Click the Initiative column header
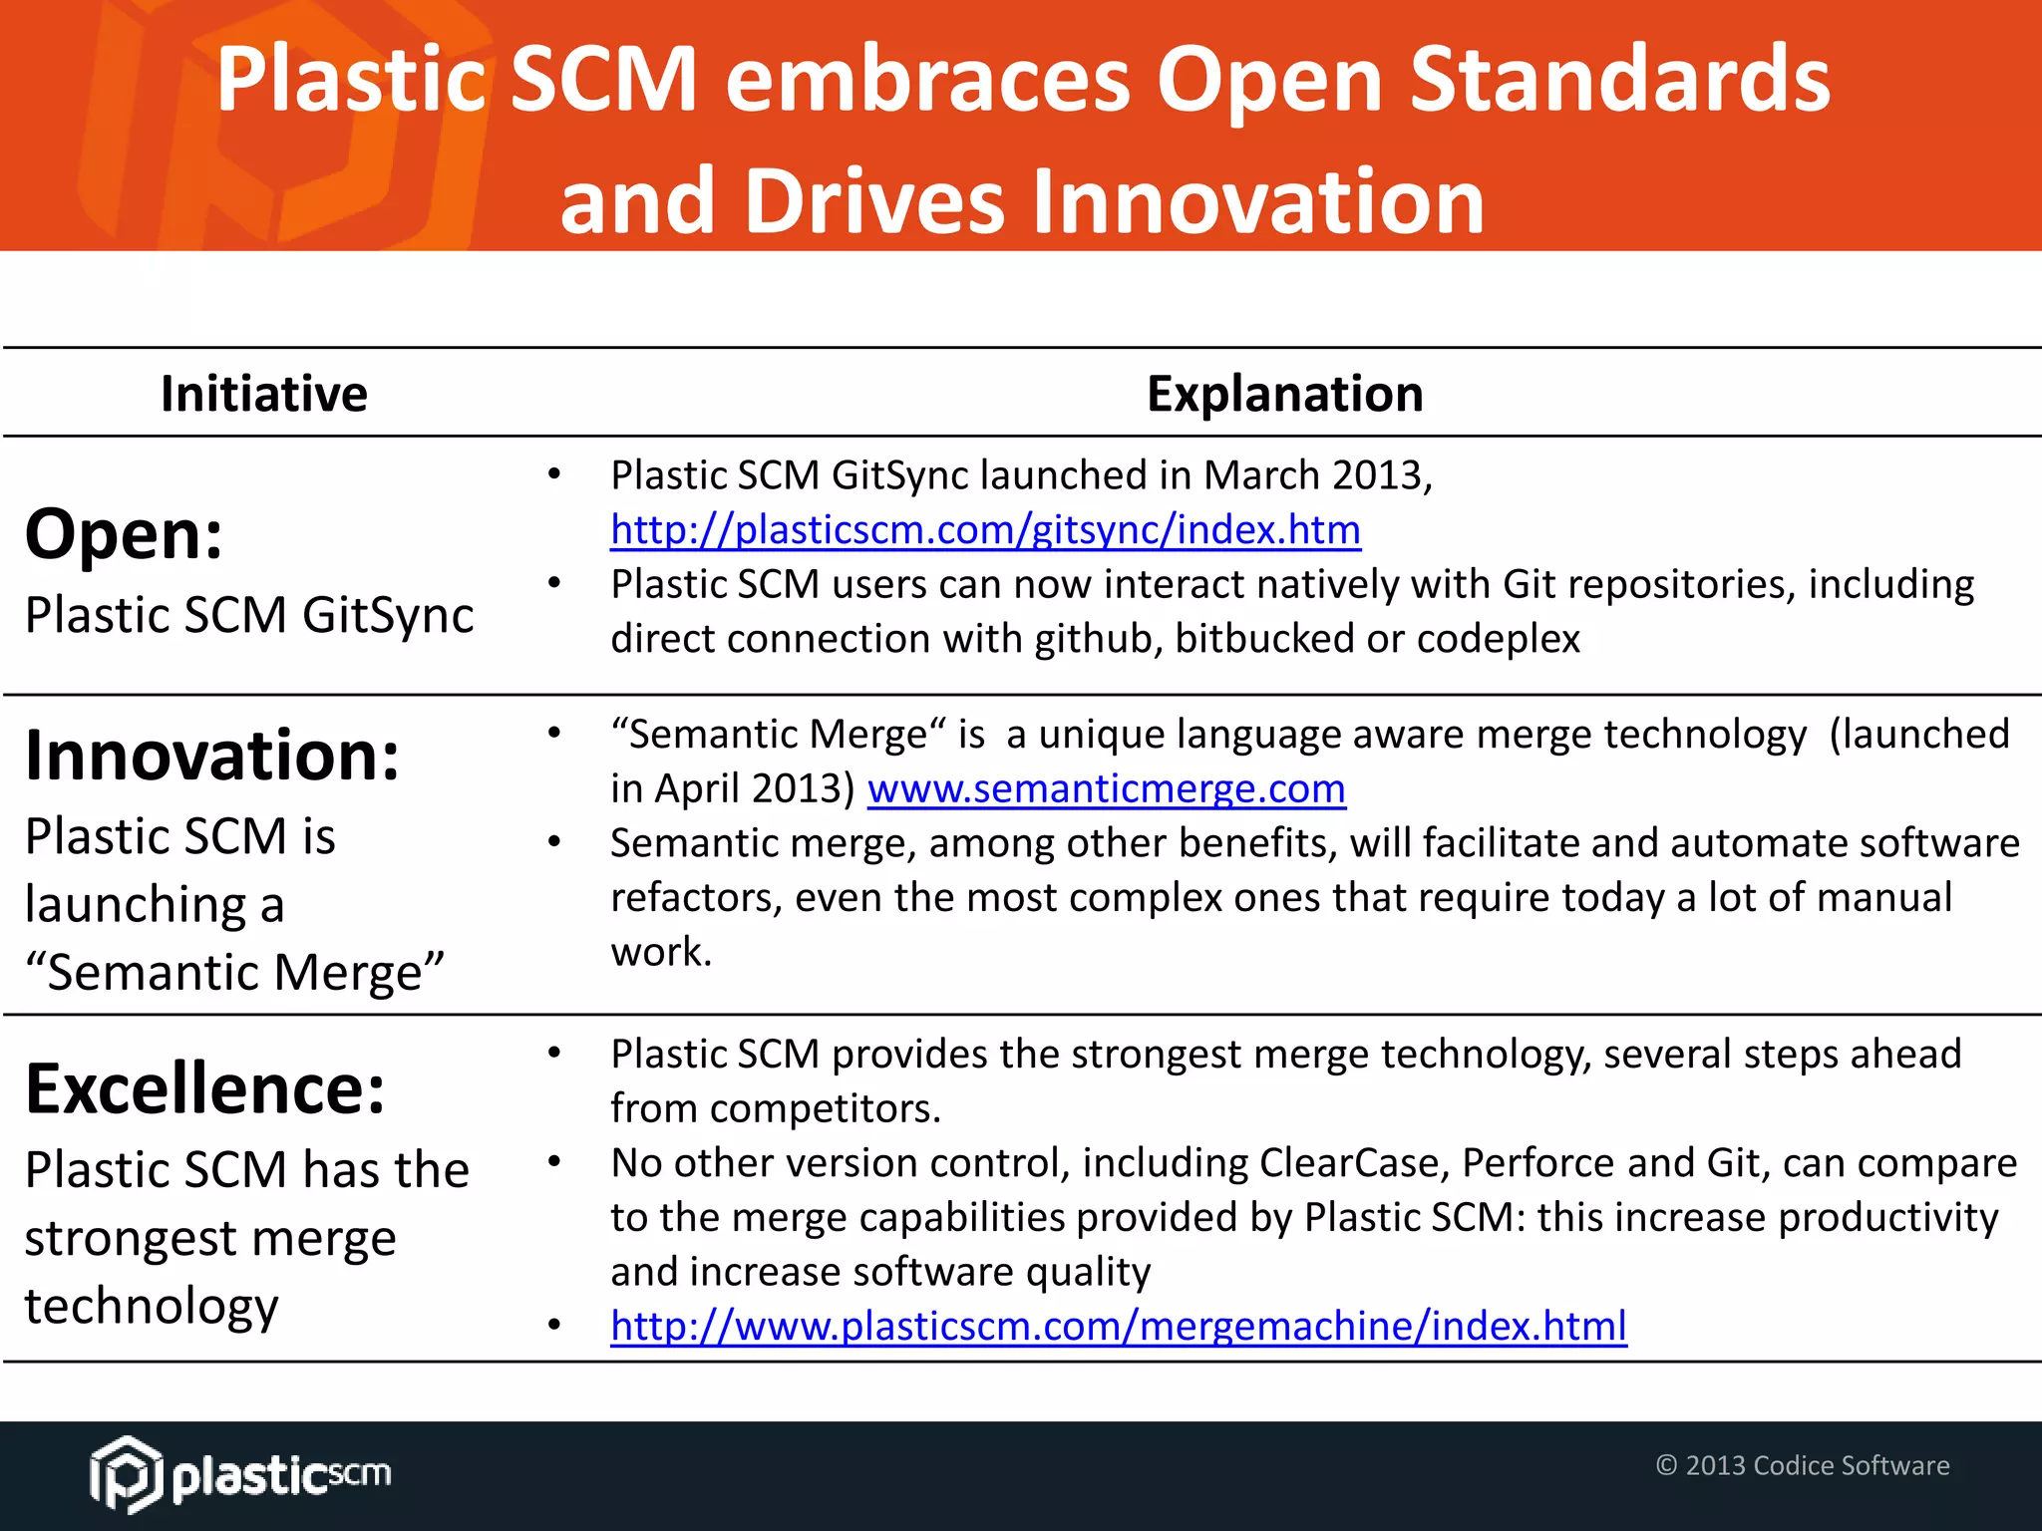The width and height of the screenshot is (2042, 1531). [264, 394]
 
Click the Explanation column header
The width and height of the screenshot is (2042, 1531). [1284, 394]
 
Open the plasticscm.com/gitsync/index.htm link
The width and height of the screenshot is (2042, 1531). [985, 530]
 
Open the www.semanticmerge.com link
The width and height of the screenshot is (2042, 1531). [1106, 789]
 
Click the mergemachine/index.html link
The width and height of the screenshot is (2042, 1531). [1118, 1327]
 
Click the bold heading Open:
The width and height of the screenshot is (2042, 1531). [124, 535]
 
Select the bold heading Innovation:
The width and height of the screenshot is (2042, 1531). [212, 756]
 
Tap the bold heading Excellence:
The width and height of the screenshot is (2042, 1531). [205, 1088]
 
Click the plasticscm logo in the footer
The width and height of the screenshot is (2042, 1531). [240, 1474]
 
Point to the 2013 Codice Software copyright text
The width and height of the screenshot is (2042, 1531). [1802, 1465]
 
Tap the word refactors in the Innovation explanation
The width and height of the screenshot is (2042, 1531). [696, 898]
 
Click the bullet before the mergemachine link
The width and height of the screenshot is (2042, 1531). [554, 1326]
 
